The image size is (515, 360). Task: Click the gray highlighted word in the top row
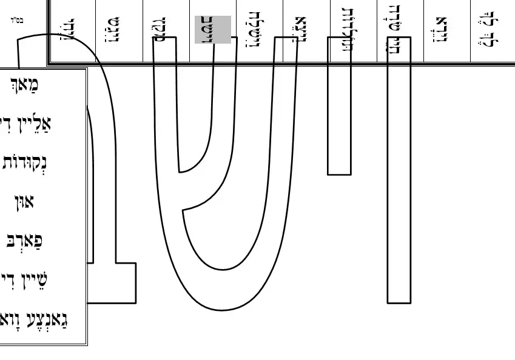pyautogui.click(x=212, y=30)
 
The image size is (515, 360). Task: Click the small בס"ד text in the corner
pyautogui.click(x=17, y=20)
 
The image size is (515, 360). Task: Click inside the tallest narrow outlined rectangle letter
pyautogui.click(x=399, y=182)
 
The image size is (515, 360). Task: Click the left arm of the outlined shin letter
pyautogui.click(x=165, y=109)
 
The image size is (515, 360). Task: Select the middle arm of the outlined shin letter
pyautogui.click(x=224, y=91)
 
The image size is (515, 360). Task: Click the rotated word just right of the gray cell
pyautogui.click(x=259, y=30)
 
